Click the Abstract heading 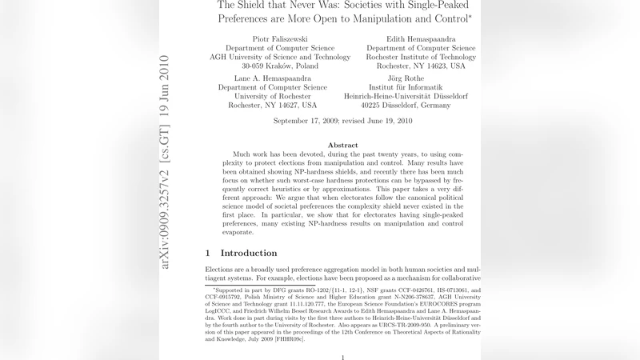coord(342,145)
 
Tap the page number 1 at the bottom coord(342,356)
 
